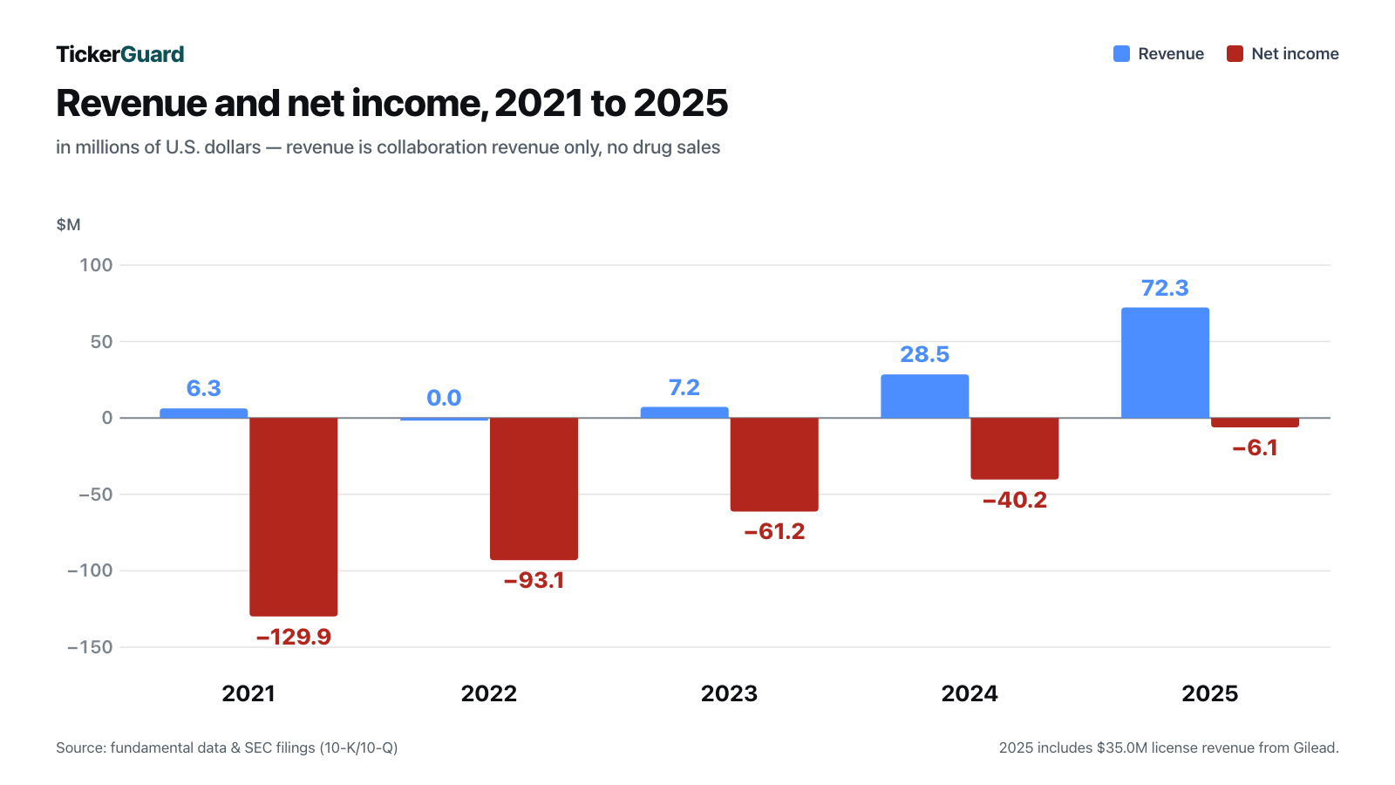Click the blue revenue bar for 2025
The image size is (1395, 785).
pyautogui.click(x=1165, y=363)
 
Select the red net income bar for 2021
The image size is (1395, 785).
pyautogui.click(x=293, y=516)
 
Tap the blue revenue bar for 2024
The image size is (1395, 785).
pyautogui.click(x=925, y=396)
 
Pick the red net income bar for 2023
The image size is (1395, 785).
pyautogui.click(x=774, y=464)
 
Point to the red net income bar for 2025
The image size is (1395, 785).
pyautogui.click(x=1255, y=422)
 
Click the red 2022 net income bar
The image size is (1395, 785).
pyautogui.click(x=534, y=488)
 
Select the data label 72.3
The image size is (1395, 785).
pyautogui.click(x=1165, y=289)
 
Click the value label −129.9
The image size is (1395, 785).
pyautogui.click(x=293, y=637)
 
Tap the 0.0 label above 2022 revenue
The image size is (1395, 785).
pyautogui.click(x=444, y=398)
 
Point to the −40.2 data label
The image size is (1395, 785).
pyautogui.click(x=1015, y=500)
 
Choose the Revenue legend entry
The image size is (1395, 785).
pyautogui.click(x=1159, y=53)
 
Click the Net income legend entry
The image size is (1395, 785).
pyautogui.click(x=1283, y=53)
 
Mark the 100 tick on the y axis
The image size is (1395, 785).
pyautogui.click(x=96, y=265)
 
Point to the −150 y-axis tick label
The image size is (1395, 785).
pyautogui.click(x=91, y=647)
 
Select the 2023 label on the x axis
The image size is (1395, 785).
pyautogui.click(x=729, y=693)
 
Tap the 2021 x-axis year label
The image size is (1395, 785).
pyautogui.click(x=248, y=693)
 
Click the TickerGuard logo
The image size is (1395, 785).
pyautogui.click(x=120, y=54)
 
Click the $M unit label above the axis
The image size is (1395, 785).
pyautogui.click(x=69, y=224)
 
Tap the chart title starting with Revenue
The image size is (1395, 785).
pyautogui.click(x=391, y=103)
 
